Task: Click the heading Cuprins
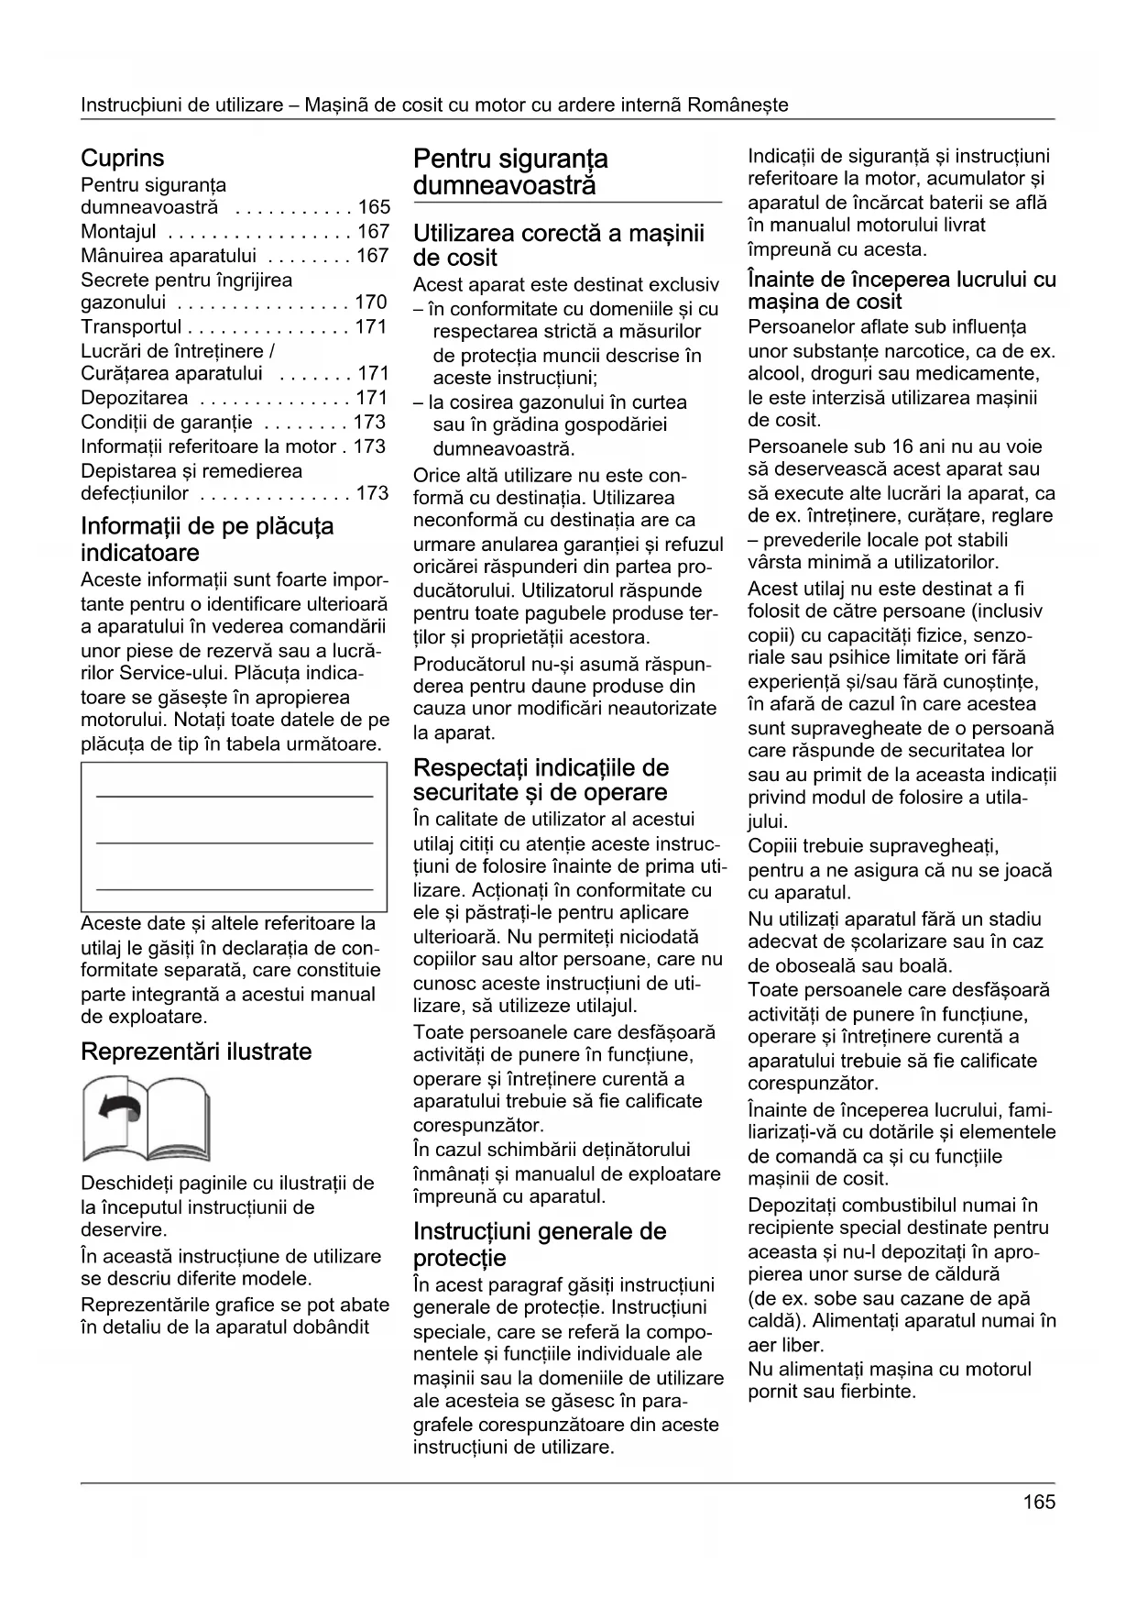(123, 158)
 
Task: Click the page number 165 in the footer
(1039, 1502)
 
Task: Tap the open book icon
(146, 1118)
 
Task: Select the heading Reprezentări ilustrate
(196, 1052)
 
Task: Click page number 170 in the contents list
(372, 303)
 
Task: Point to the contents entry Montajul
(119, 232)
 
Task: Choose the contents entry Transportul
(131, 327)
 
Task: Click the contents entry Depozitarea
(135, 398)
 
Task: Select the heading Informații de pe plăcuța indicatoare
(207, 539)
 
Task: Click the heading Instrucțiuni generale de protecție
(540, 1244)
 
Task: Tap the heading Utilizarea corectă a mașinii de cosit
(559, 245)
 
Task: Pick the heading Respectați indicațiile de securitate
(541, 780)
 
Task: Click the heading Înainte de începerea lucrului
(902, 291)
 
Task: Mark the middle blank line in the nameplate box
(235, 842)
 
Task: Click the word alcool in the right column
(774, 374)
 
